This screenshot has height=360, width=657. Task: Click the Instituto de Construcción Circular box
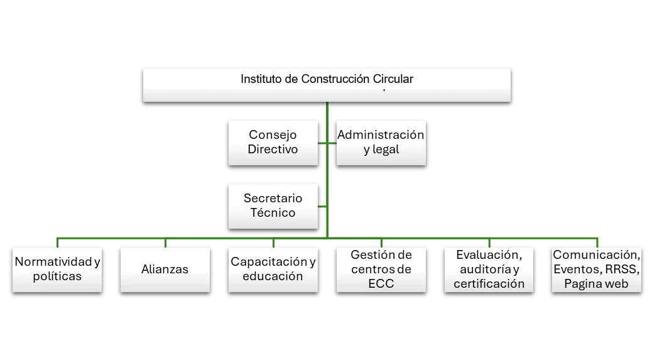tap(327, 85)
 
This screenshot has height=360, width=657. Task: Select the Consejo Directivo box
tap(273, 143)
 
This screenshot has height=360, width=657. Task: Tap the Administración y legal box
tap(381, 143)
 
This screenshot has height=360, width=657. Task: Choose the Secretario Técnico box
tap(273, 205)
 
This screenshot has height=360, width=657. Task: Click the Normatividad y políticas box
tap(57, 269)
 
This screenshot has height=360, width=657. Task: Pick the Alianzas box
tap(165, 269)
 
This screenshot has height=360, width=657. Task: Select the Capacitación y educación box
tap(273, 269)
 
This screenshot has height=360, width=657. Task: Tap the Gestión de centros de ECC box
tap(381, 269)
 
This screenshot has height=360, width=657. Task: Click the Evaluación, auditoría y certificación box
tap(489, 269)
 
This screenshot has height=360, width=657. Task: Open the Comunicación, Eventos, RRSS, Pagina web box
tap(597, 269)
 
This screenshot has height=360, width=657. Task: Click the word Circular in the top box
tap(391, 80)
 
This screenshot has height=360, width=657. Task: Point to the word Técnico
tap(273, 213)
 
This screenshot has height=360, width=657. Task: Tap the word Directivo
tap(273, 150)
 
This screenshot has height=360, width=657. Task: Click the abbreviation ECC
tap(381, 283)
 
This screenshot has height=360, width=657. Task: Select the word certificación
tap(489, 283)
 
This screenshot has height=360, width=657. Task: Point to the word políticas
tap(57, 276)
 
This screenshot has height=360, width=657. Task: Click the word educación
tap(273, 276)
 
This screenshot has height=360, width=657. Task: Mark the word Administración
tap(381, 135)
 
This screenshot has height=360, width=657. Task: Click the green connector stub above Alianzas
tap(165, 243)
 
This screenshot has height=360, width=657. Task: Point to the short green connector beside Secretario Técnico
tap(322, 207)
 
